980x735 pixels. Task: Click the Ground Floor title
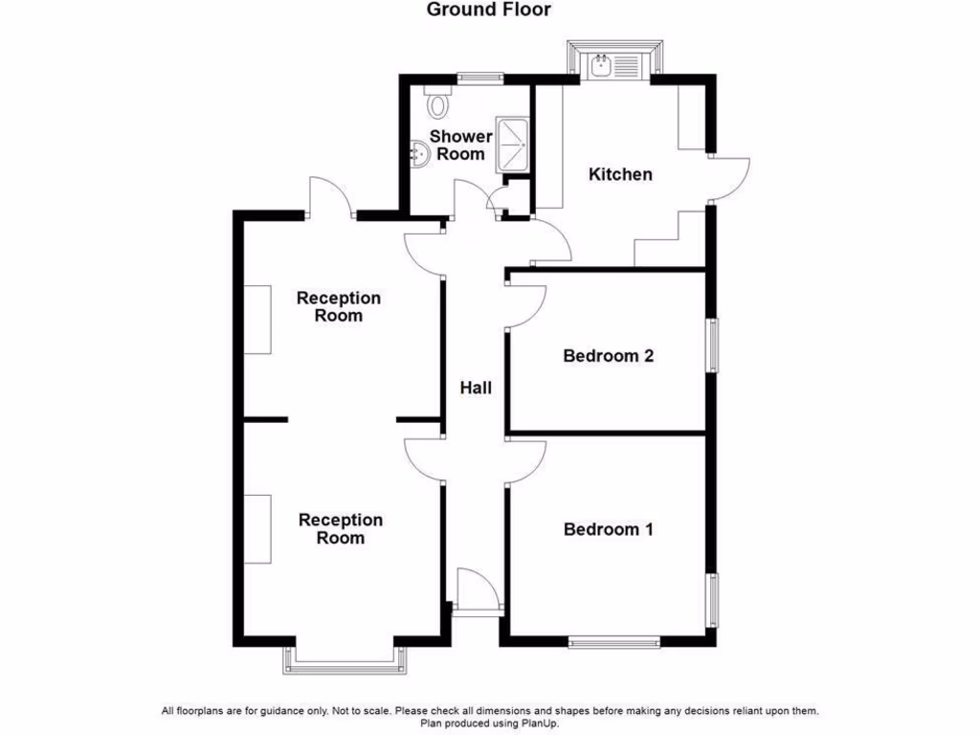coord(489,11)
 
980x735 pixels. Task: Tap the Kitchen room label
coord(620,174)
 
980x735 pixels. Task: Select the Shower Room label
coord(460,145)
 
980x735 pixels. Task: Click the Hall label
coord(476,388)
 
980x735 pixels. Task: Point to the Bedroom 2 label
coord(608,356)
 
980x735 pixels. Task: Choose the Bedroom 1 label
coord(608,529)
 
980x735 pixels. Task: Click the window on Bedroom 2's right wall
coord(714,345)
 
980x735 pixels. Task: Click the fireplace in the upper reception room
coord(257,320)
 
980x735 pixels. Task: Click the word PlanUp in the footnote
coord(538,724)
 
